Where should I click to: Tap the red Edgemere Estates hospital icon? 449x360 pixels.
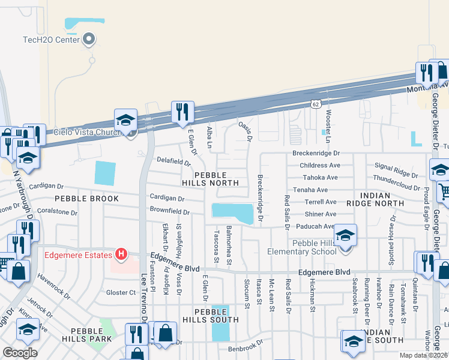(x=122, y=254)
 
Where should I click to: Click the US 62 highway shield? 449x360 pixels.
(x=316, y=104)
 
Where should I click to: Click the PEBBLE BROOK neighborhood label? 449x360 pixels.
(x=82, y=198)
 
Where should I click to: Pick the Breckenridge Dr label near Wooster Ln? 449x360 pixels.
(x=316, y=153)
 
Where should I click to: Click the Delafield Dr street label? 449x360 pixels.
(x=174, y=161)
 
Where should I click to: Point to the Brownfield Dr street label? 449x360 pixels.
(x=170, y=212)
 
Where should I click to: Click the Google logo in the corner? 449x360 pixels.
(x=20, y=353)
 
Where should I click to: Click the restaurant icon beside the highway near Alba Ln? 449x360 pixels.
(x=182, y=112)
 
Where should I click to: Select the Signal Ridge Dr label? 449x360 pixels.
(x=396, y=174)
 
